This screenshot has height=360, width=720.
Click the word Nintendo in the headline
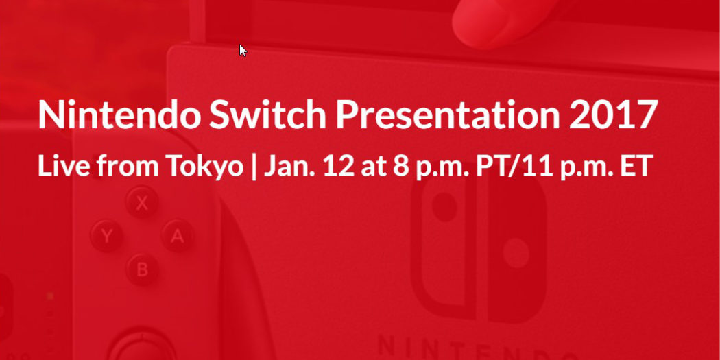coord(119,114)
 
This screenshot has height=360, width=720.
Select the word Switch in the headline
coord(267,114)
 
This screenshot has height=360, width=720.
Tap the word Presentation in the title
coord(448,114)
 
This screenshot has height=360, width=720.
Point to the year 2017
coord(613,114)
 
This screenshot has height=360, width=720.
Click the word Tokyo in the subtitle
coord(204,166)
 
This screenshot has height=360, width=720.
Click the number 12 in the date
coord(339,166)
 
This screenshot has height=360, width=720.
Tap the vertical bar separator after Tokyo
coord(254,167)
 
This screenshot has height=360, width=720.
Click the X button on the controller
coord(142,202)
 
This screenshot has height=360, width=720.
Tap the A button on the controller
coord(177,236)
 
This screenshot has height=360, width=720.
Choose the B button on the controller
coord(142,269)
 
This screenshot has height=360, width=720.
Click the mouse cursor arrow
coord(243,51)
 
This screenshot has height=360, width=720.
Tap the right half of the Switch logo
coord(516,248)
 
